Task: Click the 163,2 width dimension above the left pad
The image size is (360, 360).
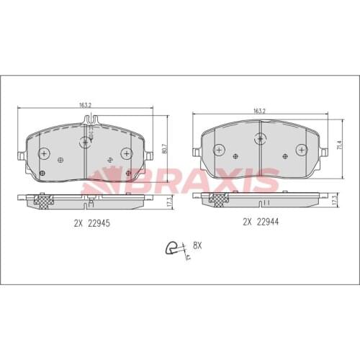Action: [86, 104]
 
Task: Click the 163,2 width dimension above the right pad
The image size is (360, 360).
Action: [260, 110]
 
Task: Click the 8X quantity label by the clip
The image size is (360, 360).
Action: [197, 246]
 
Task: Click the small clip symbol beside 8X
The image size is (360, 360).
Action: [173, 248]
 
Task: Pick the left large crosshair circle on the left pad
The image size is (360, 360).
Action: [45, 153]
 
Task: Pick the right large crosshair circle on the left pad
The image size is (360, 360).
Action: [127, 153]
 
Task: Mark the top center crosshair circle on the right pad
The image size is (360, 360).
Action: [260, 136]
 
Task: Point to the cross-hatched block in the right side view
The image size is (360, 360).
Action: [214, 201]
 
